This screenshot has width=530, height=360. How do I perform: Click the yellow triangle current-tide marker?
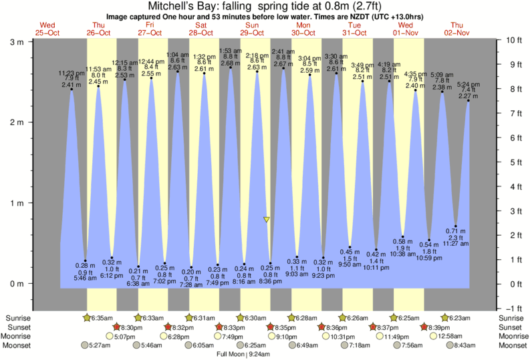click(267, 219)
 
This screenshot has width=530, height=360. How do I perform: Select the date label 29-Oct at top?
click(253, 33)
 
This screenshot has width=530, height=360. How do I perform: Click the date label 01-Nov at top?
click(406, 33)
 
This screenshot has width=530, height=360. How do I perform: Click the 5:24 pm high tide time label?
click(468, 85)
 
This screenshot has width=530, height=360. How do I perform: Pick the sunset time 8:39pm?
click(440, 327)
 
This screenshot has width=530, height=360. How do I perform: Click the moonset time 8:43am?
click(464, 345)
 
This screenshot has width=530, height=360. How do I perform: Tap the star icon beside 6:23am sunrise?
click(445, 319)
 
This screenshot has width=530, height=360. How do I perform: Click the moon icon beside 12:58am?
click(434, 337)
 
